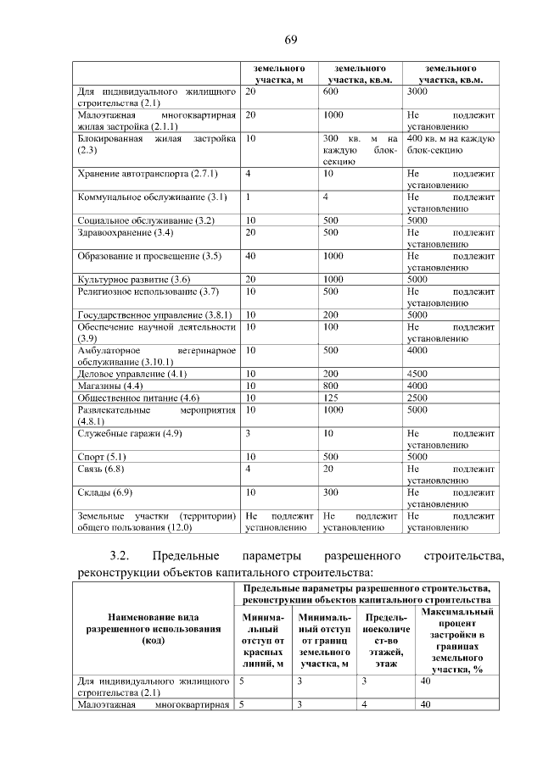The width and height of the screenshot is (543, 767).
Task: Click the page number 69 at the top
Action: (x=289, y=40)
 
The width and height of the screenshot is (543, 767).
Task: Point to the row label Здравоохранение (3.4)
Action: (x=125, y=232)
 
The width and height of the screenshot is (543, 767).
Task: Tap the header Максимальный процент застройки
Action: (x=456, y=640)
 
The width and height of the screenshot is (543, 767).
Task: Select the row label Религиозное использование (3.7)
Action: (x=148, y=292)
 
